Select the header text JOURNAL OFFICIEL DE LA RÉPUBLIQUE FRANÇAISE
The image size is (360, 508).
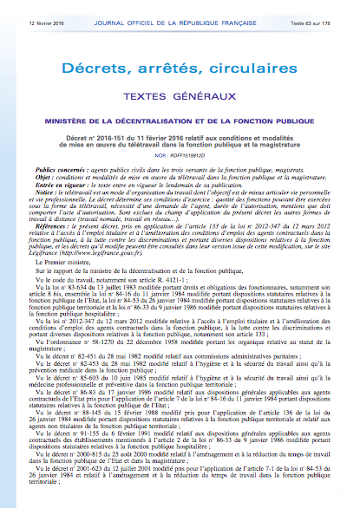[x=180, y=9]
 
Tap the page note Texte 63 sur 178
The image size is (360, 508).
[x=327, y=9]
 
